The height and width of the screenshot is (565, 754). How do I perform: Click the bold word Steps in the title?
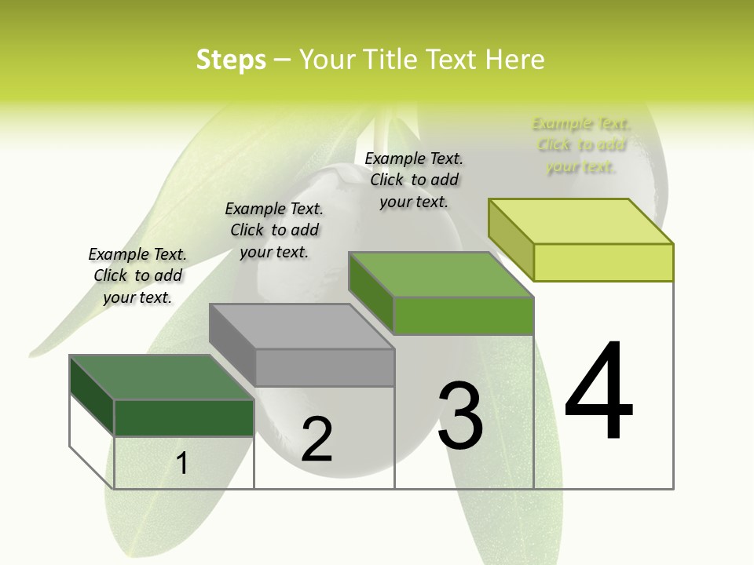coord(231,60)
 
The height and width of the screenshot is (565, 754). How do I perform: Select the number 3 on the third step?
coord(460,416)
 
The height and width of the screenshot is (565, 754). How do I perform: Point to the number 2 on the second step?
coord(317,439)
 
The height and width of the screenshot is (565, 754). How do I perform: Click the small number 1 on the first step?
coord(182,463)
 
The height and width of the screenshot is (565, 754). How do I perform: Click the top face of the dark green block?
coord(161,377)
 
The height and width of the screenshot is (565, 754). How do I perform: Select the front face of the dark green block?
coord(184,417)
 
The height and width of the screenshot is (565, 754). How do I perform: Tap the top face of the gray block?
coord(302,326)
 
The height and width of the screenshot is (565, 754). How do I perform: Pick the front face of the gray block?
coord(324,367)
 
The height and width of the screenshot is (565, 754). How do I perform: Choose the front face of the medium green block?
coord(463,315)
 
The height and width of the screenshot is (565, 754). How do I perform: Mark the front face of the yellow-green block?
coord(603,262)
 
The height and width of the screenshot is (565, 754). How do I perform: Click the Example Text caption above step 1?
coord(137,275)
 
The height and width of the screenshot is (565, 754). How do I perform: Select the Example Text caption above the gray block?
coord(274,230)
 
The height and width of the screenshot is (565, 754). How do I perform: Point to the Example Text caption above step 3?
coord(414,180)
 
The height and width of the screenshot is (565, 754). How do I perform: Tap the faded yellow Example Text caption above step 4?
coord(581,144)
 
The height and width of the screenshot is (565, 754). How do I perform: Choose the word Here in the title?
coord(515,60)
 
